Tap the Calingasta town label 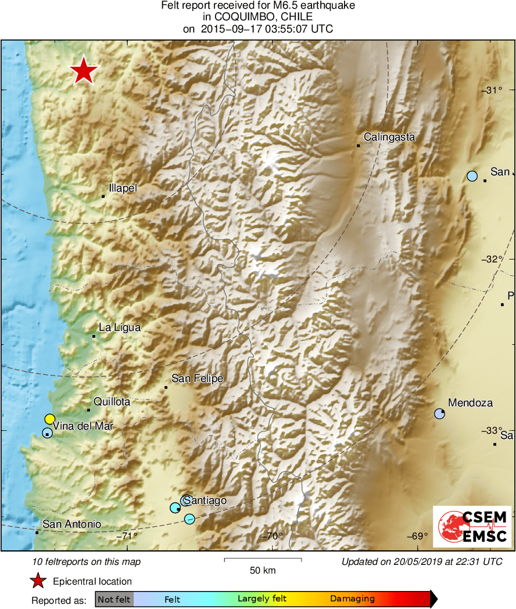tap(389, 137)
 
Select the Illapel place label tap(123, 188)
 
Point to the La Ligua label tap(119, 327)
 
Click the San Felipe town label tap(197, 379)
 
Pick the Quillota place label tap(112, 401)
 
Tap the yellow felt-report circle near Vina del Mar tap(49, 419)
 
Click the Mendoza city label tap(470, 403)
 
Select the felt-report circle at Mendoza tap(440, 414)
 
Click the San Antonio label tap(71, 524)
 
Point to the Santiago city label tap(205, 501)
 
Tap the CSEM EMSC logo tap(472, 526)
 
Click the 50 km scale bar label tap(263, 570)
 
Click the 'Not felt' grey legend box tap(114, 599)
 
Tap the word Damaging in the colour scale tap(352, 599)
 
